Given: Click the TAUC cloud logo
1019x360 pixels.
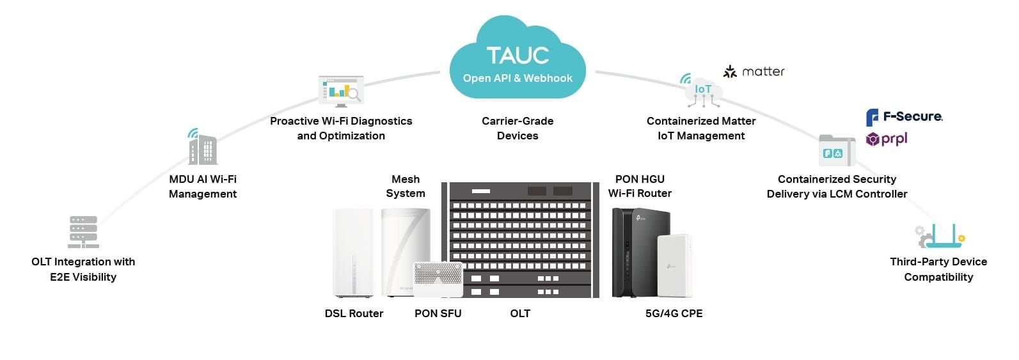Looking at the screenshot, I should pos(517,58).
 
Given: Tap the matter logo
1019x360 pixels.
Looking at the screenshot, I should pos(754,72).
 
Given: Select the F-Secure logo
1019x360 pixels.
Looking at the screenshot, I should pos(903,117).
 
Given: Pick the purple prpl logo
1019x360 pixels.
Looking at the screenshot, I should pos(886,139).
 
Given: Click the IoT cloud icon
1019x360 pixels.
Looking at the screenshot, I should pos(702,91).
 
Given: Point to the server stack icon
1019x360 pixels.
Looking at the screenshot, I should pos(83,231).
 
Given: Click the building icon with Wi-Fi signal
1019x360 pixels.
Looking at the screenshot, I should pos(203,148).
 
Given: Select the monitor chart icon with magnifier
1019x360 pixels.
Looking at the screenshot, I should pos(341,91).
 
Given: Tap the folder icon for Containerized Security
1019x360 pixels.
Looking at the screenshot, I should pos(837,151).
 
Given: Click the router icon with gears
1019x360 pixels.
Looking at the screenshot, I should pos(939,236).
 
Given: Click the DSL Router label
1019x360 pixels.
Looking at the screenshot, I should pos(354,313).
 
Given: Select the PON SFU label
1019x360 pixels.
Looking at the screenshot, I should pos(438,313).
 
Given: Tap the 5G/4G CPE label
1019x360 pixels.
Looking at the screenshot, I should pos(674,313).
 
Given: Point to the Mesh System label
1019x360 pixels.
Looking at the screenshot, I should pos(406,186).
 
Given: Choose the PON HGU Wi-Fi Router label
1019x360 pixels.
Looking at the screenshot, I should pos(640,186).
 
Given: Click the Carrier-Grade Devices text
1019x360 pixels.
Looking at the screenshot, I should pos(517,128).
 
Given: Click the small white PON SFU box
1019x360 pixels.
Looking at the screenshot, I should pos(438,279).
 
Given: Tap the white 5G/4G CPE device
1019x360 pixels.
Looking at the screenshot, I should pos(674,265).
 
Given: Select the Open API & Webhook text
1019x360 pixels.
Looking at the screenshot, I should pos(517,78).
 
